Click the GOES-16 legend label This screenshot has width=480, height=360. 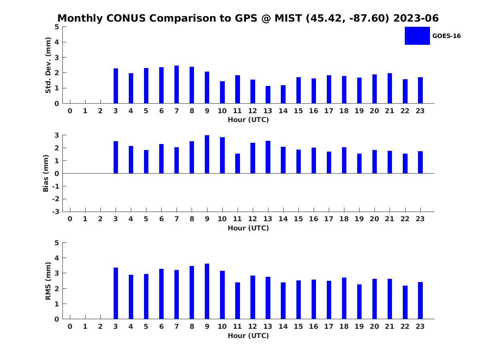pos(446,36)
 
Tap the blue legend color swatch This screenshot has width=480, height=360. pos(417,36)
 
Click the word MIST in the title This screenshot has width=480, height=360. pos(288,18)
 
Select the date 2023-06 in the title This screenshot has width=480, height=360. pos(416,18)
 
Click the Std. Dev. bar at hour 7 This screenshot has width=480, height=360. pos(176,84)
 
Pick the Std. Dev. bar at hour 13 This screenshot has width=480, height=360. pos(268,95)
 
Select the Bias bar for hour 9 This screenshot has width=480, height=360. pos(207,154)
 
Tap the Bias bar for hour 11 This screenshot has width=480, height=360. pos(238,164)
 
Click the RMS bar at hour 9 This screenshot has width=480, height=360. pos(207,291)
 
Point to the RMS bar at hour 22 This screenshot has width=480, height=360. pos(405,302)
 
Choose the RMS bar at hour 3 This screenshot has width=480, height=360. pos(116,293)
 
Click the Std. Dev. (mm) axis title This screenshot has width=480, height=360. pos(48,65)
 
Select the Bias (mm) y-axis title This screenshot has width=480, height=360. pos(46,173)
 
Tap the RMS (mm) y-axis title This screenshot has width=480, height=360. pos(48,281)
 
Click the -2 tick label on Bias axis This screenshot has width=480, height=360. pos(56,199)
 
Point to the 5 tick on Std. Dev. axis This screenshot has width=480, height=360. pos(57,27)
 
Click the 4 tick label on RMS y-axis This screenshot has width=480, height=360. pos(57,258)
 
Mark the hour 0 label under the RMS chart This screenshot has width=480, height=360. pos(70,326)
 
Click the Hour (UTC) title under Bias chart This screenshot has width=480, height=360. pos(248,228)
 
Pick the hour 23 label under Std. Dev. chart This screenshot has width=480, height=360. pos(420,111)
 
